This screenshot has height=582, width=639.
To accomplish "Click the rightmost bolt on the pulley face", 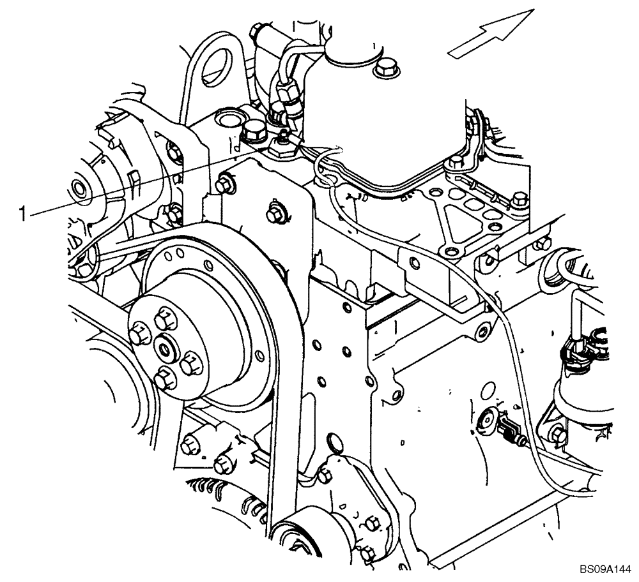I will pos(190,365).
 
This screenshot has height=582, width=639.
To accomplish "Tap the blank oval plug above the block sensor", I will pos(491,389).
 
